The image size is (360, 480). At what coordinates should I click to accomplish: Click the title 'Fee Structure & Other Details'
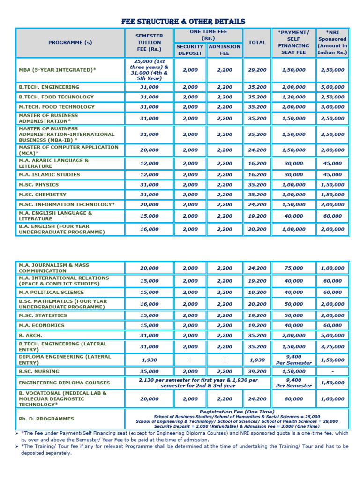click(183, 22)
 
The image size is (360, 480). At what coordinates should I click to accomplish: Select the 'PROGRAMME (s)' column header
click(70, 43)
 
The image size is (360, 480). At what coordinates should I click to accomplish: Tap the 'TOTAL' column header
click(257, 43)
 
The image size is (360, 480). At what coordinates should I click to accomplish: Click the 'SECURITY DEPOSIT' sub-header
click(190, 50)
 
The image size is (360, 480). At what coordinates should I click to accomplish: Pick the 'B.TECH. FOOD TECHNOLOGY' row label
click(56, 97)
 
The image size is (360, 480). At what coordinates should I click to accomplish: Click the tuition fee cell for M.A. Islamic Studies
click(150, 175)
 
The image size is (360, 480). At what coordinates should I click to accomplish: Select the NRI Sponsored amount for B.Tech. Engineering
click(332, 87)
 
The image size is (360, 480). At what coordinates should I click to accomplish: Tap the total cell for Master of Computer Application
click(257, 150)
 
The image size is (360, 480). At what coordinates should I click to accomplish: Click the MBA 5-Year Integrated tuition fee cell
click(150, 70)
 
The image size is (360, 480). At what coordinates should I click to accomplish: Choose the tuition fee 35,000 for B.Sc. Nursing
click(150, 371)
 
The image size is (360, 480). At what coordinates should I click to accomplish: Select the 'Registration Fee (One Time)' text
click(237, 412)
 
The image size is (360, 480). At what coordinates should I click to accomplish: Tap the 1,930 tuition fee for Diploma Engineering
click(150, 360)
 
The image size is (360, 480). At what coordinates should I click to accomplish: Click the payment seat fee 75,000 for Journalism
click(293, 268)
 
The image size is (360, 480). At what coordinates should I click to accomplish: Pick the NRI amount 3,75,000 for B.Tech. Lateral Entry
click(332, 347)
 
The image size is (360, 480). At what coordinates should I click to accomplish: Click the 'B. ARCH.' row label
click(30, 336)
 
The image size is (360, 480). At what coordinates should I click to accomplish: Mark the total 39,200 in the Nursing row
click(257, 371)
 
